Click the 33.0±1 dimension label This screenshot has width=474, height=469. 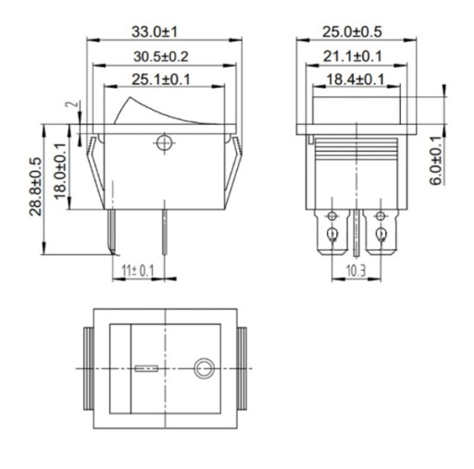[x=155, y=32]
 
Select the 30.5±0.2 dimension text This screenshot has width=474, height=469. [x=161, y=56]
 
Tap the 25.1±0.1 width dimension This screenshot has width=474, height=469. [x=161, y=80]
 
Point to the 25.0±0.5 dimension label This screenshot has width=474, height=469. [x=352, y=32]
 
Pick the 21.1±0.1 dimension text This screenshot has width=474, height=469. [x=353, y=56]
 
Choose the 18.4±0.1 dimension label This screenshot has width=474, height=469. [x=355, y=80]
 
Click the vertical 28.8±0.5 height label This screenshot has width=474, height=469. [x=35, y=187]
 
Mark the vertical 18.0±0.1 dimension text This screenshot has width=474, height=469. [x=60, y=171]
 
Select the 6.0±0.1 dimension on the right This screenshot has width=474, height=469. [x=436, y=160]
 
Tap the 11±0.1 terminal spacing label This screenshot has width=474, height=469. [x=138, y=271]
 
